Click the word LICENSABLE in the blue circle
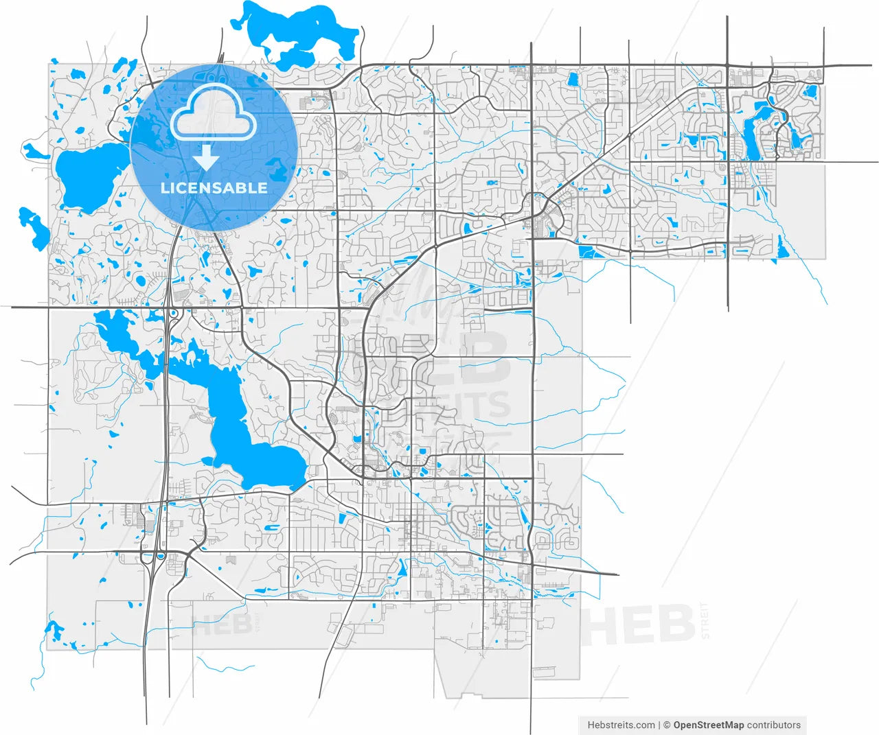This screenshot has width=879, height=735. pyautogui.click(x=214, y=187)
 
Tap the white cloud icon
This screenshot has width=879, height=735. pyautogui.click(x=214, y=113)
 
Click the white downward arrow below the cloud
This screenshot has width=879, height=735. pyautogui.click(x=205, y=158)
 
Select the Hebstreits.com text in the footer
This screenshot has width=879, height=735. pyautogui.click(x=621, y=725)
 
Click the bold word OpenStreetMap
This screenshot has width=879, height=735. pyautogui.click(x=708, y=725)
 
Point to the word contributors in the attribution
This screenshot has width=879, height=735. pyautogui.click(x=774, y=725)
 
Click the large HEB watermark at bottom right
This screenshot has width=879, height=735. pyautogui.click(x=639, y=625)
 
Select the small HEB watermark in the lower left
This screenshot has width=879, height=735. pyautogui.click(x=221, y=625)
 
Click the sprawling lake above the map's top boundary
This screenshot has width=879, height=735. pyautogui.click(x=295, y=34)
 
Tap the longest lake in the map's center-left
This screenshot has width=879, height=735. pyautogui.click(x=227, y=412)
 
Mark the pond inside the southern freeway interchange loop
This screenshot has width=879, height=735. pyautogui.click(x=160, y=557)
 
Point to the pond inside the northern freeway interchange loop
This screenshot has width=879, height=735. pyautogui.click(x=174, y=314)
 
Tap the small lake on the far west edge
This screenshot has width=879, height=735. pyautogui.click(x=34, y=226)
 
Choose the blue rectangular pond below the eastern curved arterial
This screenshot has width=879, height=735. pyautogui.click(x=590, y=252)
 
